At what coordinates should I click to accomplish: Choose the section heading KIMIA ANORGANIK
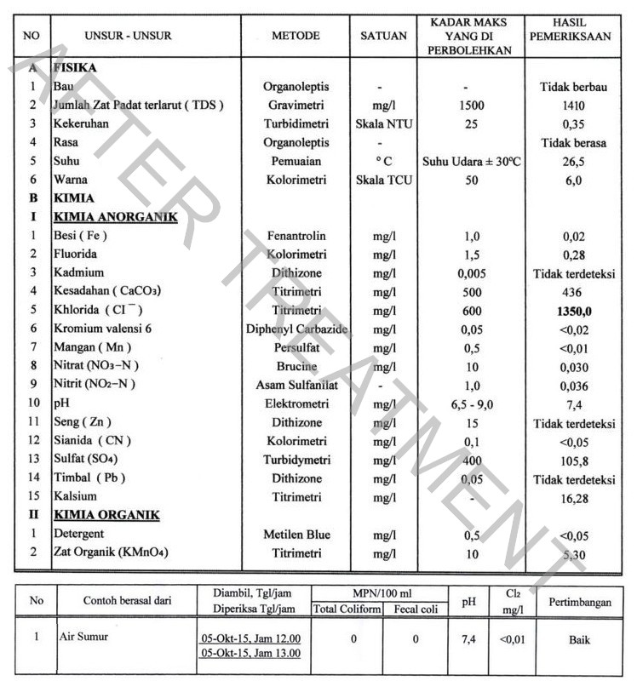(x=115, y=217)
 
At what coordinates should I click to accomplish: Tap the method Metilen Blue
(x=296, y=535)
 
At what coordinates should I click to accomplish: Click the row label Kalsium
(x=75, y=496)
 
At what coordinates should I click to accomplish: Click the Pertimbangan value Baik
(x=579, y=640)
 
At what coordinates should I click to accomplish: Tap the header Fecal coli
(x=416, y=609)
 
